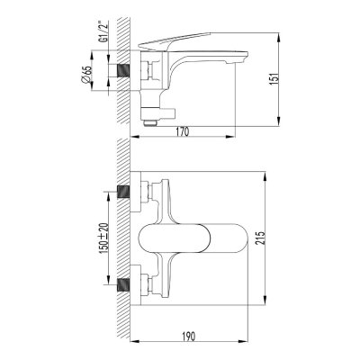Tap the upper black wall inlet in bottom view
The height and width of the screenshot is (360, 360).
point(127,193)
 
